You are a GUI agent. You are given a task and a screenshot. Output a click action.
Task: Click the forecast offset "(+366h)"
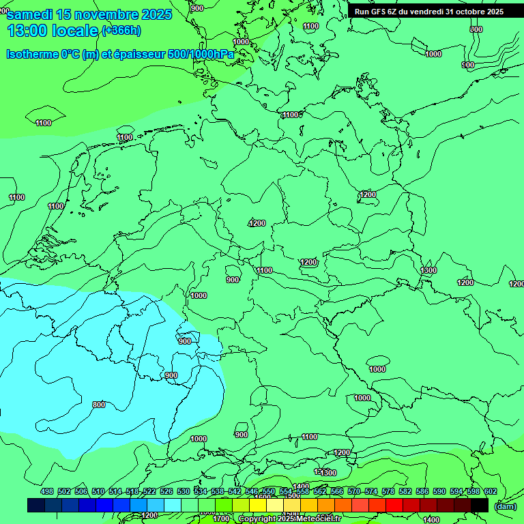(121, 30)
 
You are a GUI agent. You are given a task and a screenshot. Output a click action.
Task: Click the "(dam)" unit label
(505, 506)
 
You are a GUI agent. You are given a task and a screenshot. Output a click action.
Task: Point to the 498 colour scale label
(47, 491)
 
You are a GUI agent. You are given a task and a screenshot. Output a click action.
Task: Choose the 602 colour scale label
(490, 491)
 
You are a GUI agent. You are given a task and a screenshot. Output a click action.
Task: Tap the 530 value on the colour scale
(184, 491)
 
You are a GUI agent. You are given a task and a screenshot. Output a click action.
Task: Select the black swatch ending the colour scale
(480, 505)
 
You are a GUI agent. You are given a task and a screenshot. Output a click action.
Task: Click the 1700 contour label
(221, 519)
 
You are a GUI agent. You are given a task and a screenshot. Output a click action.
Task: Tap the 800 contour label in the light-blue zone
(99, 405)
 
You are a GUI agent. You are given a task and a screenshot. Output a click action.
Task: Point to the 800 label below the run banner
(476, 29)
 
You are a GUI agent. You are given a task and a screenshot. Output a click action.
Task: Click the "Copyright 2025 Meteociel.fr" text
(289, 519)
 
